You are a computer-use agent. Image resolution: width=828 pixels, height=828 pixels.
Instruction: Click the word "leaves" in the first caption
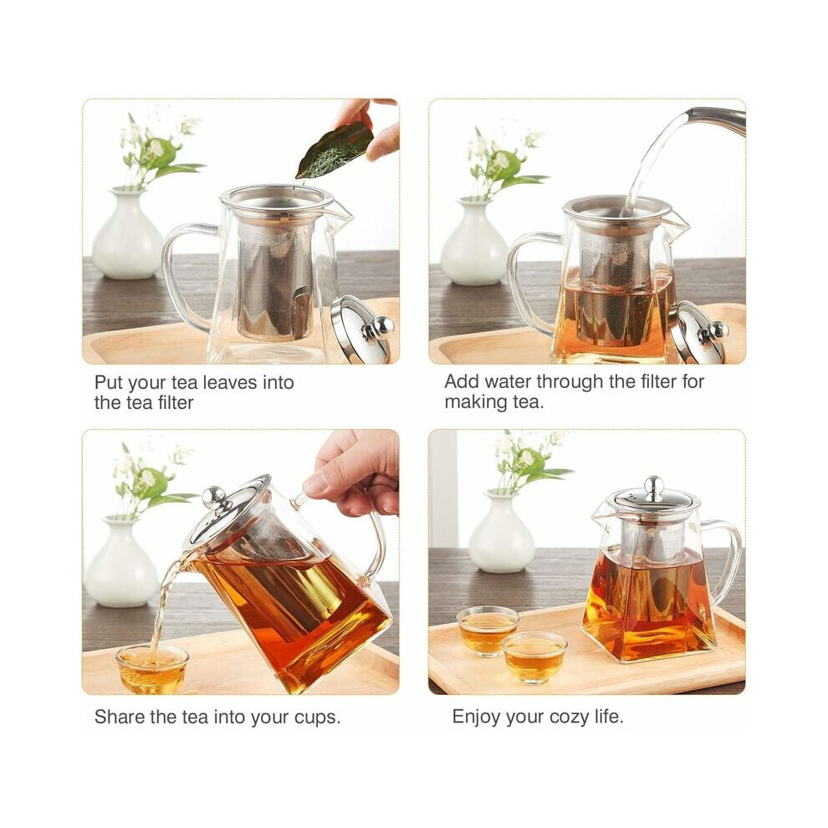click(231, 382)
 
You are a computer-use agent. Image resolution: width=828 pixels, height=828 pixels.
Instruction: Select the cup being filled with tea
click(152, 668)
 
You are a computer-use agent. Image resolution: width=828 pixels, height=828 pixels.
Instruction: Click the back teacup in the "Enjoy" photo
click(487, 630)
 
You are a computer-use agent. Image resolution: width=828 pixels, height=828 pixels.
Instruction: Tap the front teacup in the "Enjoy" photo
click(534, 657)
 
